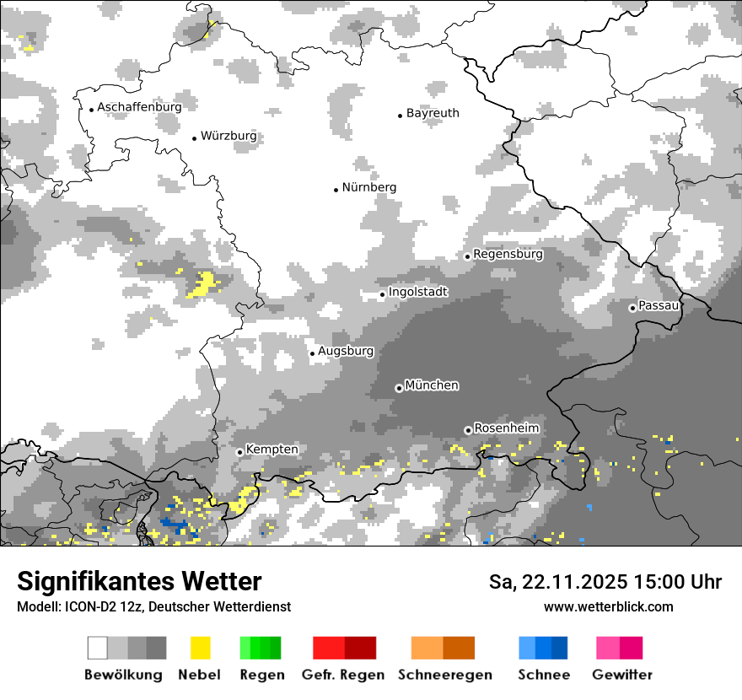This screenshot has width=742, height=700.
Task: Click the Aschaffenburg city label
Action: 139,107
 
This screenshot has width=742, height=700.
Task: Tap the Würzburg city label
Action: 229,136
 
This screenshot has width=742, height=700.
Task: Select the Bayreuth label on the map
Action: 433,113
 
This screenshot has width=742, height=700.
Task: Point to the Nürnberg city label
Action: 368,187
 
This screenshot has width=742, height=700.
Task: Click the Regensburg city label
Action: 508,254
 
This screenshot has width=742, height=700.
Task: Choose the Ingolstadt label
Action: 418,292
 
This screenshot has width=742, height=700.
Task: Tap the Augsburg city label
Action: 346,351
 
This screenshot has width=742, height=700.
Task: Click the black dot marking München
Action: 399,388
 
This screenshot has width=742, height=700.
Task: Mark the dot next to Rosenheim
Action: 468,430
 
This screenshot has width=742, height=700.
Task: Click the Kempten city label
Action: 272,450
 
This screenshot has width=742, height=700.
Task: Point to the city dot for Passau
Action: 632,308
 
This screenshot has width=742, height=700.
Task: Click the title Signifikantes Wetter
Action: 139,581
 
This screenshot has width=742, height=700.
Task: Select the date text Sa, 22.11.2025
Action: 557,582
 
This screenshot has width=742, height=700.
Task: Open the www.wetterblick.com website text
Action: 608,606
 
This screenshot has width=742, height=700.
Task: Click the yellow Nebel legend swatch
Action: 200,648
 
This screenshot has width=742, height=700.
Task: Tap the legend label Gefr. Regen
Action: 343,675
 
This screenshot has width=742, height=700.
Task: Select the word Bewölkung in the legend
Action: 123,675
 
